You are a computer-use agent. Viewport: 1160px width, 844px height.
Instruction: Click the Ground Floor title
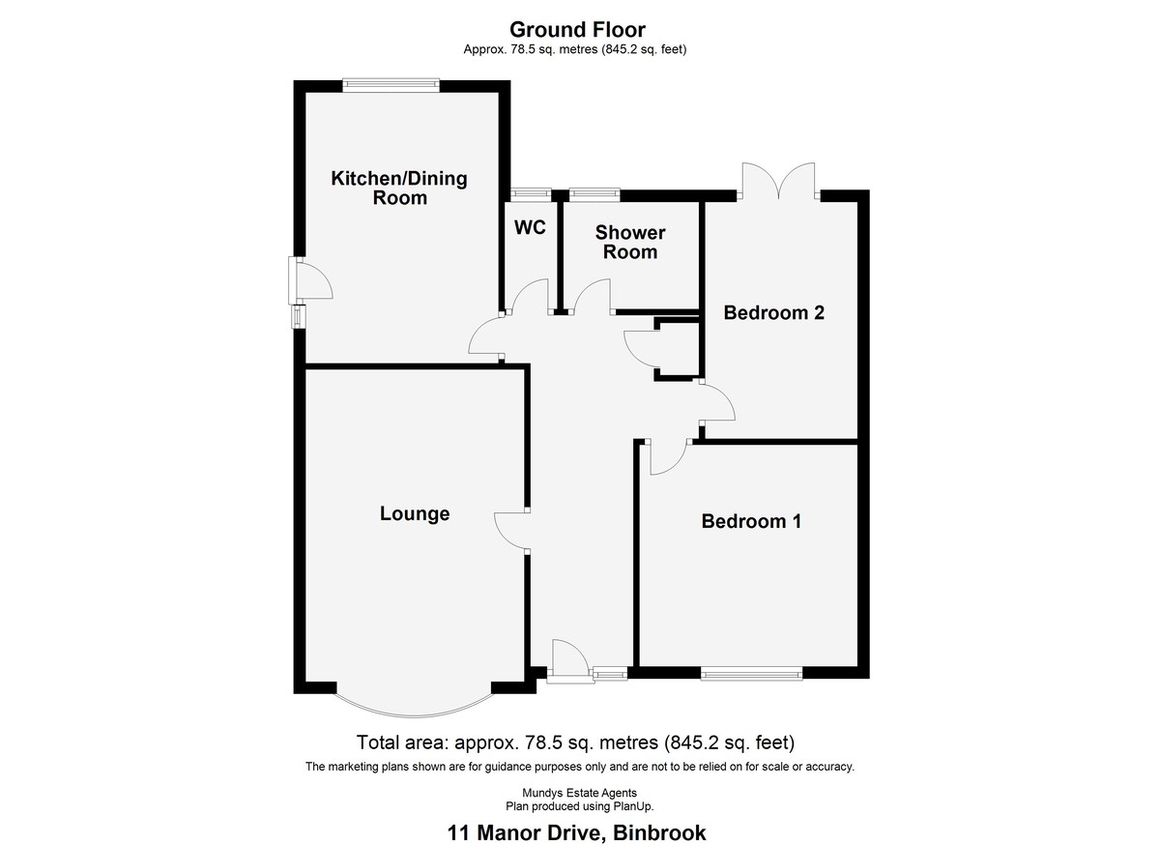point(577,30)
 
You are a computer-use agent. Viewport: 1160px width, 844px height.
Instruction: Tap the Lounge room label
point(415,513)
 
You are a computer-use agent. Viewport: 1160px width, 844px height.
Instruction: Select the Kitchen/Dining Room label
point(399,188)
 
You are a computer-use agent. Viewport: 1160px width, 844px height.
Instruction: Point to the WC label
point(531,227)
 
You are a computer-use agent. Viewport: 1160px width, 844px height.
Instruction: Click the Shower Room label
point(630,243)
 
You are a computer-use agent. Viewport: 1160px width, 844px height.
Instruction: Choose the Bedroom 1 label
point(751,521)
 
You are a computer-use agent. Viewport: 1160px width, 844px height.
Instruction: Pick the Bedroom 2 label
point(773,312)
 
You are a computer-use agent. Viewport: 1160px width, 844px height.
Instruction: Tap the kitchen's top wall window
point(391,85)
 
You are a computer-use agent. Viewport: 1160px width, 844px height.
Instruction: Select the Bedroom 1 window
point(752,673)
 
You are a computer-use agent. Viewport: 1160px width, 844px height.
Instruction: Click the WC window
point(531,194)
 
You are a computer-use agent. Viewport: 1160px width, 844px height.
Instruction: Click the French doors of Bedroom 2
point(778,181)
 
